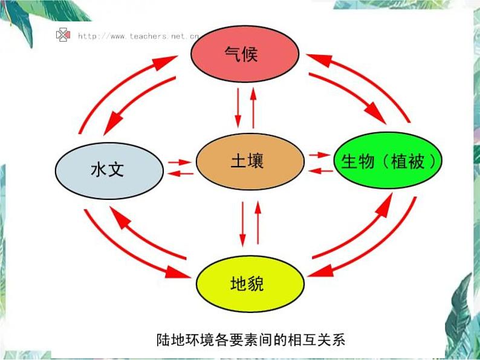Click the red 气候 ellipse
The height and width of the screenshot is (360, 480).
click(x=244, y=54)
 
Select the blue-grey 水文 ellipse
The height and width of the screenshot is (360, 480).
click(x=109, y=169)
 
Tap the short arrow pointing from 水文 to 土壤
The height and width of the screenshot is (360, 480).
click(x=180, y=162)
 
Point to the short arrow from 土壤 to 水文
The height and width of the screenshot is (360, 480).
click(x=180, y=174)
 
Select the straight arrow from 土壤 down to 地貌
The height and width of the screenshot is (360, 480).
click(x=243, y=223)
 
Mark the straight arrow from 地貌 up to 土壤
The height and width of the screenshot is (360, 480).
click(x=258, y=223)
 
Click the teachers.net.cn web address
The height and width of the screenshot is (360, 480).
click(x=138, y=36)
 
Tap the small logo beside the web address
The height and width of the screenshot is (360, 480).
click(x=63, y=35)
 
